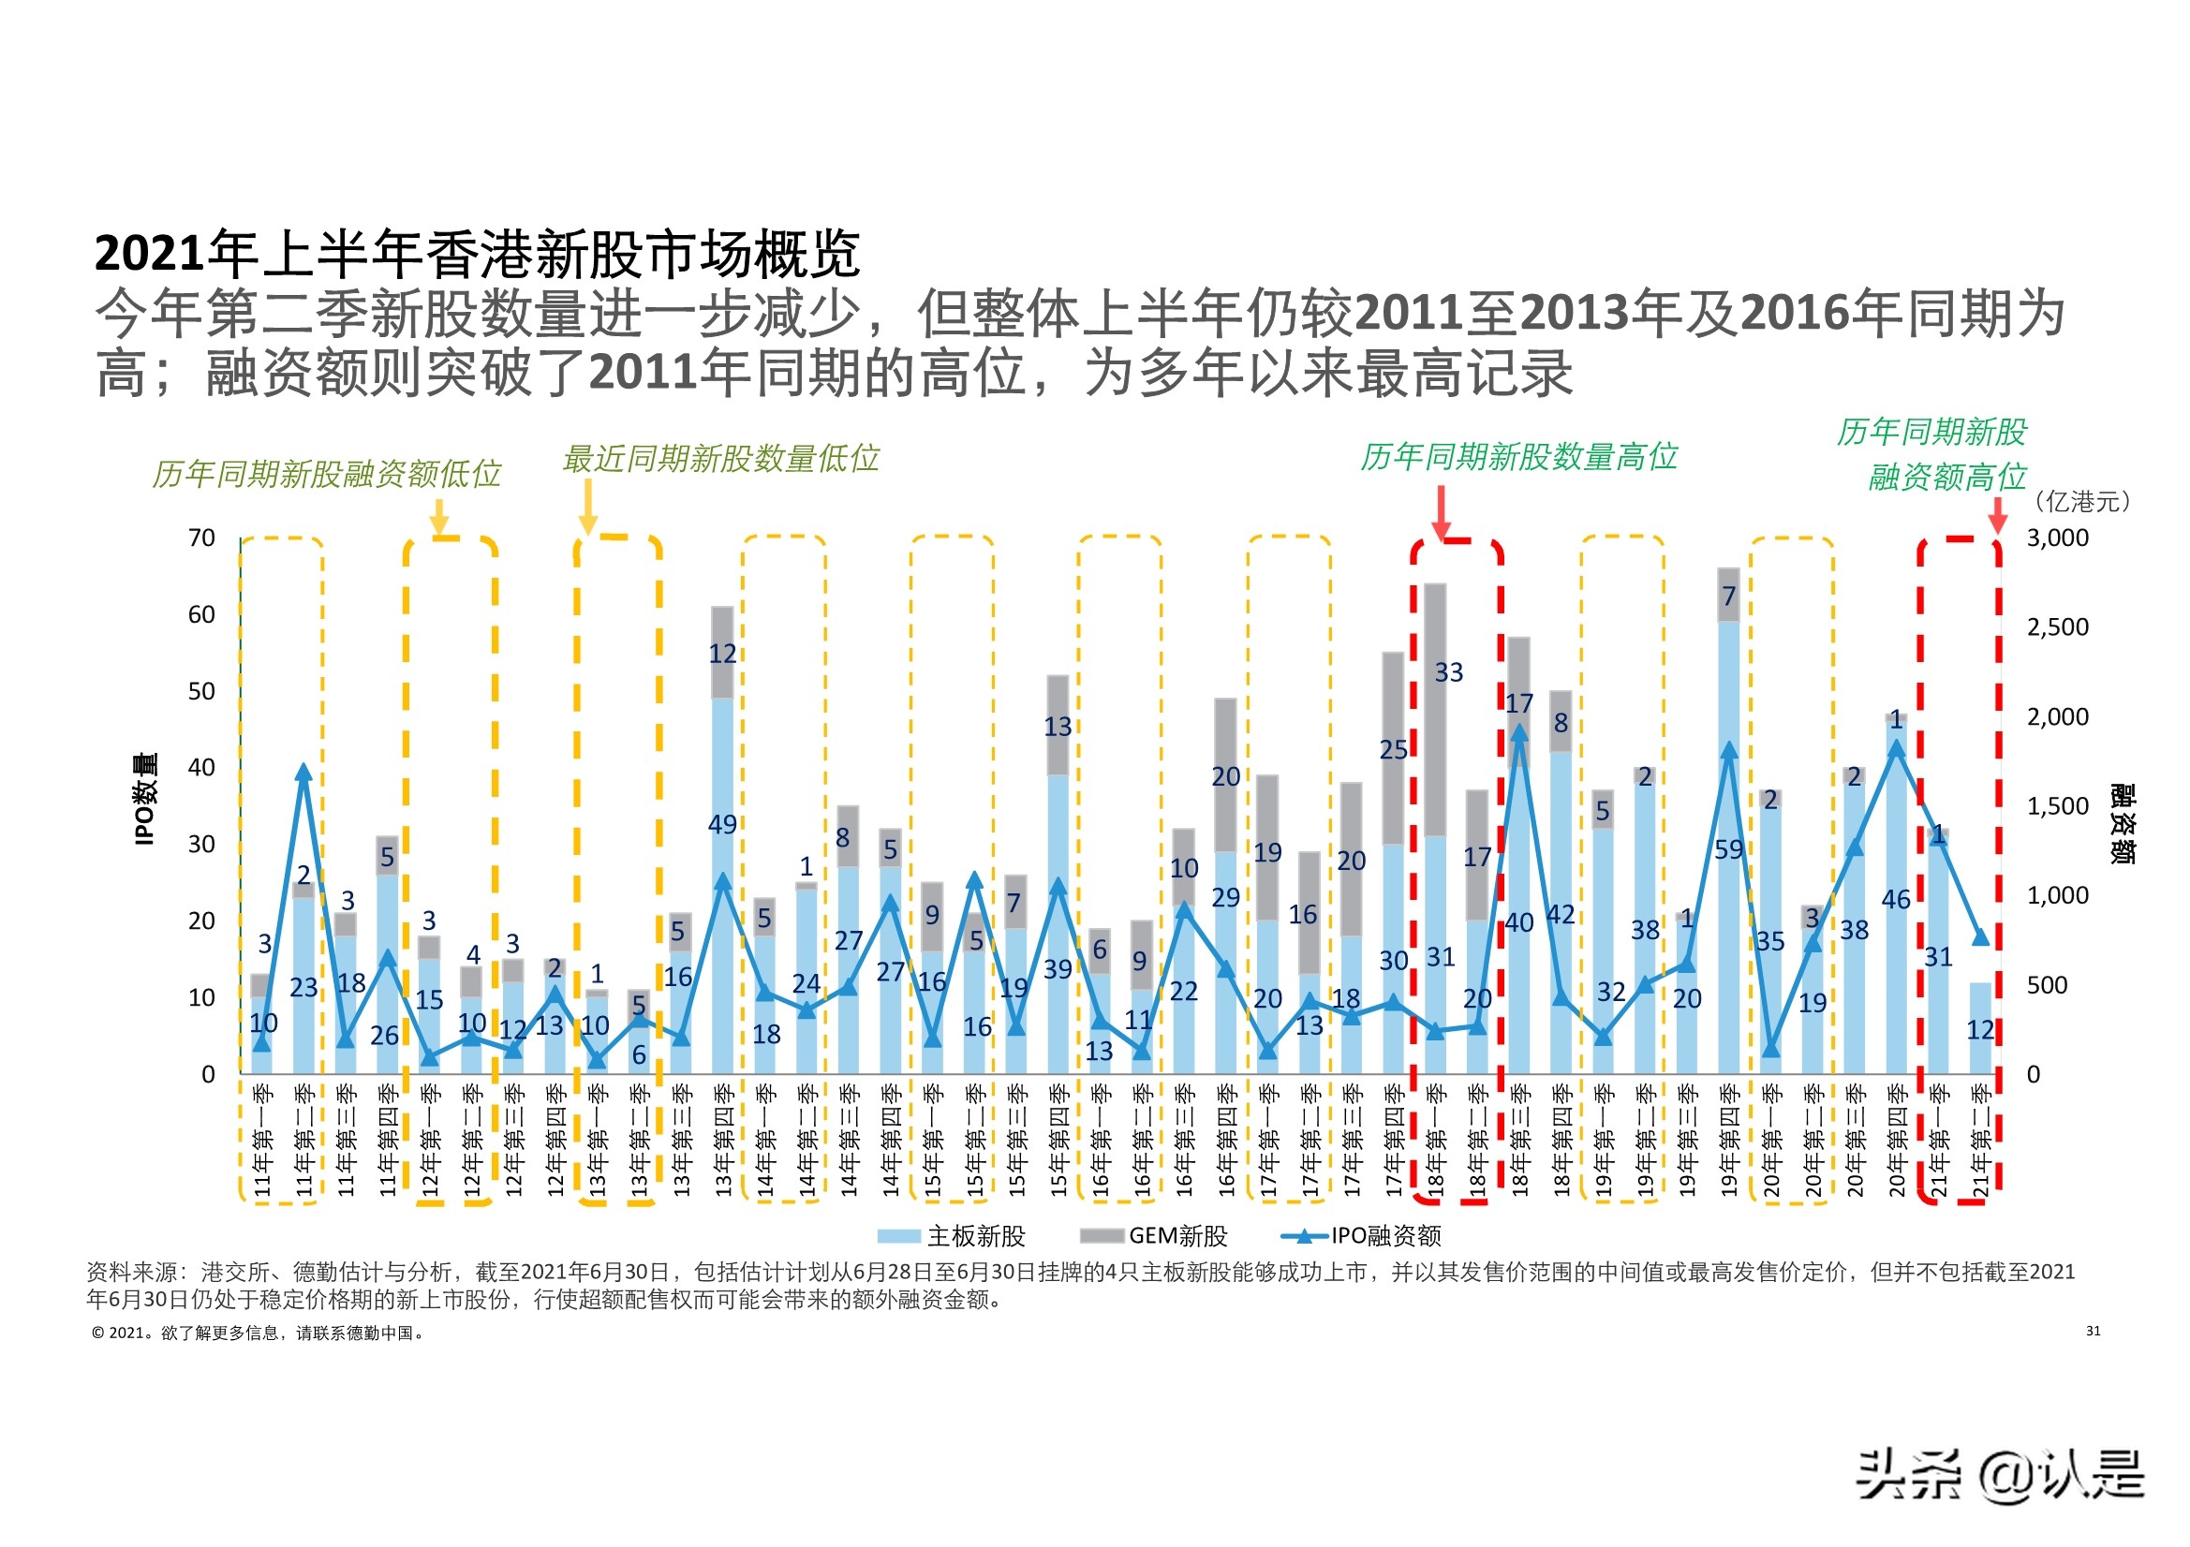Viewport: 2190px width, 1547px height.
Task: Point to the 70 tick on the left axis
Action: coord(201,538)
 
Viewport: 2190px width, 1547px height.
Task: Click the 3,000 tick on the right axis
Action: coord(2056,538)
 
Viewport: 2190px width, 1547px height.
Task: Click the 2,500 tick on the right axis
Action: coord(2056,627)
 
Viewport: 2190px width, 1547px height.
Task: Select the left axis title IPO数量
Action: coord(145,799)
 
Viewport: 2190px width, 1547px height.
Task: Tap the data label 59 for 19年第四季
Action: coord(1728,848)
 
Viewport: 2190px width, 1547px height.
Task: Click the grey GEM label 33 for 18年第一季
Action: coord(1448,672)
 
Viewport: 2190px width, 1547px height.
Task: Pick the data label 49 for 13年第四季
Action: coord(722,824)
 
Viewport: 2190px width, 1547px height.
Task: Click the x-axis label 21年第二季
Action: coord(1980,1140)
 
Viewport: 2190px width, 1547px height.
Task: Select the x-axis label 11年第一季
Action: coord(263,1140)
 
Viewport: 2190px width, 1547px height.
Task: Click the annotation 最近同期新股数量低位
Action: coord(720,459)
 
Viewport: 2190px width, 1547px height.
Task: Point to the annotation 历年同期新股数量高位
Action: coord(1517,457)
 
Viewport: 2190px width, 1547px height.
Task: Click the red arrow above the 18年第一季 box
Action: coord(1442,513)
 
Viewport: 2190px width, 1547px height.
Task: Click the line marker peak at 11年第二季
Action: coord(303,773)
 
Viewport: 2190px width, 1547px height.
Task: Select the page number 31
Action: coord(2093,1331)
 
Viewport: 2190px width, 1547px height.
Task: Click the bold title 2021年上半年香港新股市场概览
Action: coord(477,254)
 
